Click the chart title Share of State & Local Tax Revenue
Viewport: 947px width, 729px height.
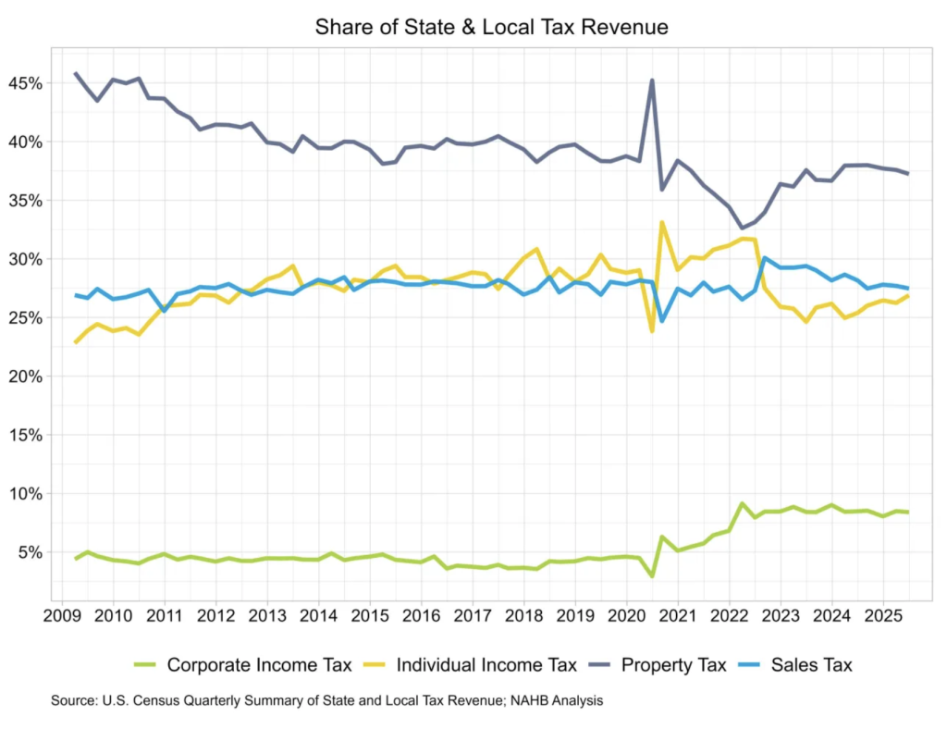pos(491,28)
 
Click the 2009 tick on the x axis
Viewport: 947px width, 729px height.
pos(62,614)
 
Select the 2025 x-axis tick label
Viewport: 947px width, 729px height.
pos(882,614)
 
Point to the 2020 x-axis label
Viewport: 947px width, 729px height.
pos(626,614)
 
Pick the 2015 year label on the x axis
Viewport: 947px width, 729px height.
pos(370,614)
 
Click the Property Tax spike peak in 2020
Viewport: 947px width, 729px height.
pos(652,80)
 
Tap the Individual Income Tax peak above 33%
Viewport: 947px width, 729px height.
pos(663,222)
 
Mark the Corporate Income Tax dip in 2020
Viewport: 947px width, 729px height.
pos(652,575)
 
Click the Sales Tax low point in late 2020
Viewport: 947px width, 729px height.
pos(662,320)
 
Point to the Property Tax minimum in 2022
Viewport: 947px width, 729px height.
pos(741,228)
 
